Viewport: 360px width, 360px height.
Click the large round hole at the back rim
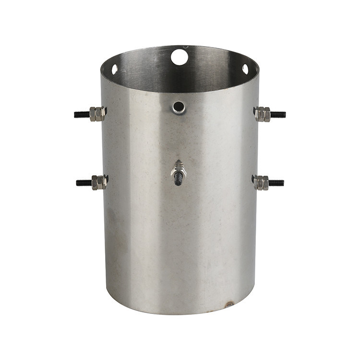tap(180, 57)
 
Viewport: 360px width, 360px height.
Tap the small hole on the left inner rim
tap(115, 69)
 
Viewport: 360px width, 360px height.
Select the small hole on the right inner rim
tap(245, 69)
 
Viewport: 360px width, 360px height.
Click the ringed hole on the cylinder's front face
tap(179, 107)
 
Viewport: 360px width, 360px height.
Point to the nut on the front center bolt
tap(179, 168)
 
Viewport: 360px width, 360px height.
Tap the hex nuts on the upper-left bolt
tap(97, 114)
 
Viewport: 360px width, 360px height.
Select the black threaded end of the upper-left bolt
tap(82, 114)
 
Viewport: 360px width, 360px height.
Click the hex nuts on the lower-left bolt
tap(98, 182)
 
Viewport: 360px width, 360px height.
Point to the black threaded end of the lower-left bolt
tap(83, 183)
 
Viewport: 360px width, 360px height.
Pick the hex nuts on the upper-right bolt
tap(263, 114)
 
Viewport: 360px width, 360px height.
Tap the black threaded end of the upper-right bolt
tap(278, 115)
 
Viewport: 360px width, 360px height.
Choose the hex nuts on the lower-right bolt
tap(261, 182)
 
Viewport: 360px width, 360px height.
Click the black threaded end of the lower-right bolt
tap(276, 183)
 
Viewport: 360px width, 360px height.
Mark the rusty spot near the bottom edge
tap(229, 304)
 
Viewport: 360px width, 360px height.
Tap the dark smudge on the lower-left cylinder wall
tap(115, 240)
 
